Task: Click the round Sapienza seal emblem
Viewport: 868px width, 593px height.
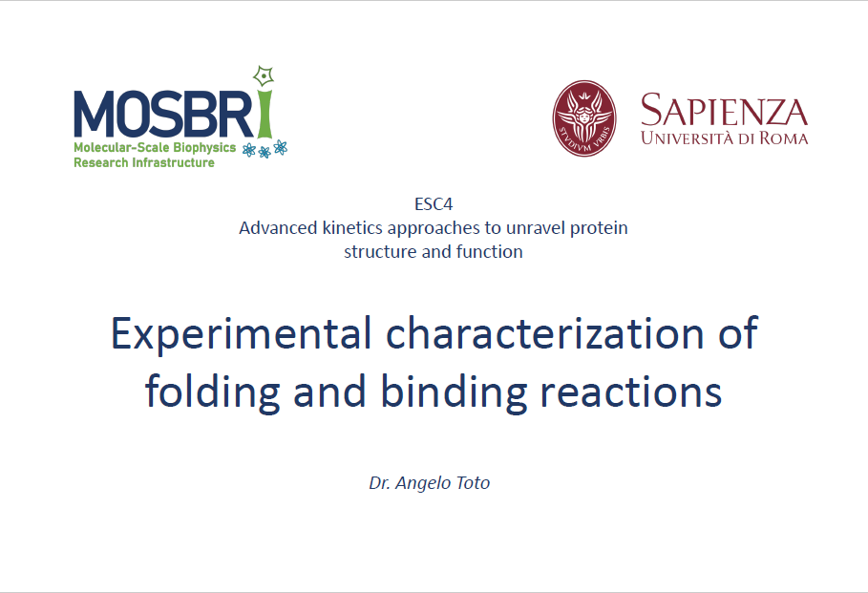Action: [x=584, y=118]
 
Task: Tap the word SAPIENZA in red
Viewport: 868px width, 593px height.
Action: [x=724, y=110]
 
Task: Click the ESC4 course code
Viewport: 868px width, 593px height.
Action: [x=434, y=204]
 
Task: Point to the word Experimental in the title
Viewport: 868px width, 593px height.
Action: [x=241, y=334]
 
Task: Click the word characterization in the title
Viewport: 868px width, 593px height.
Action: [x=544, y=333]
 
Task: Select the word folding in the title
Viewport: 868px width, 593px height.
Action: [x=213, y=392]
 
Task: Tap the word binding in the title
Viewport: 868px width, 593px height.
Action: [x=454, y=392]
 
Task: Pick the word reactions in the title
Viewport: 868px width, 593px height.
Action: [x=631, y=392]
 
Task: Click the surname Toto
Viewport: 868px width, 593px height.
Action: [x=473, y=483]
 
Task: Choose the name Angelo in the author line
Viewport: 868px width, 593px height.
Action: [x=423, y=483]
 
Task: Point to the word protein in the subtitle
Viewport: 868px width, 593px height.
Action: [x=599, y=228]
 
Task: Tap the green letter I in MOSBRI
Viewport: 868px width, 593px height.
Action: [x=265, y=113]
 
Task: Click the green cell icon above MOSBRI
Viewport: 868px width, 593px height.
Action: [x=265, y=75]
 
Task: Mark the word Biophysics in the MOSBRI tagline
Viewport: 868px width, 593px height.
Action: [x=204, y=148]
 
